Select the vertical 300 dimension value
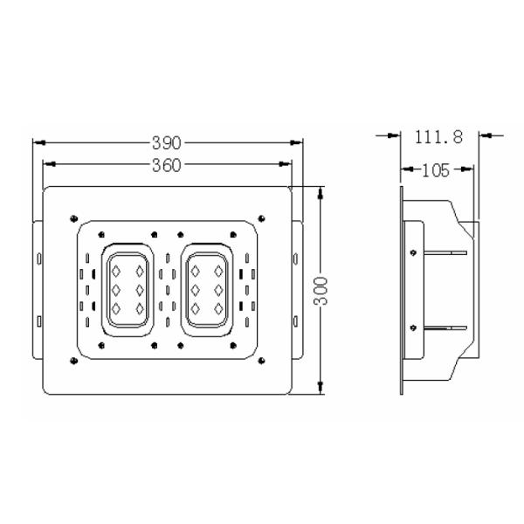[321, 289]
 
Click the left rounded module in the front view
[128, 289]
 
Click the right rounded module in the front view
[208, 289]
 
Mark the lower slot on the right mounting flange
[295, 321]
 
